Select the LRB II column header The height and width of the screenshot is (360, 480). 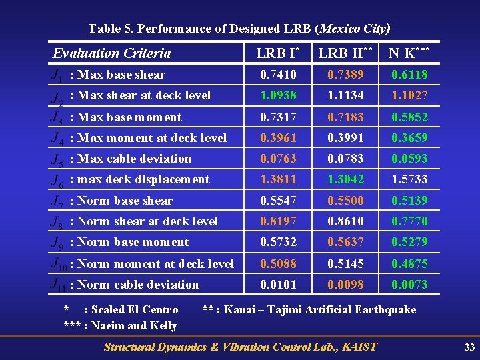(x=344, y=53)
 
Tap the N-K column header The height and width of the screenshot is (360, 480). (x=409, y=53)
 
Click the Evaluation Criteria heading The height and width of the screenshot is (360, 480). (x=112, y=53)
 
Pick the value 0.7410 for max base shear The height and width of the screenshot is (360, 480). (x=278, y=75)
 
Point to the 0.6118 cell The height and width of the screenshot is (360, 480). (x=409, y=75)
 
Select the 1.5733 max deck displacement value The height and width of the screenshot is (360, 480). (x=409, y=179)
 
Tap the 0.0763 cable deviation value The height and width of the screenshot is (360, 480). (x=278, y=159)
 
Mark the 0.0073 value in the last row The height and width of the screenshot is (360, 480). (x=409, y=285)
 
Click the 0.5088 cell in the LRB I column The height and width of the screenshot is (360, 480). (x=278, y=264)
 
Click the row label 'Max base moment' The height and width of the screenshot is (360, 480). (x=129, y=117)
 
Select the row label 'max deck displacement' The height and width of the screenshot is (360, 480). (x=143, y=179)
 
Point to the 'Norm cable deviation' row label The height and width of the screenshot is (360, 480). (x=138, y=285)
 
